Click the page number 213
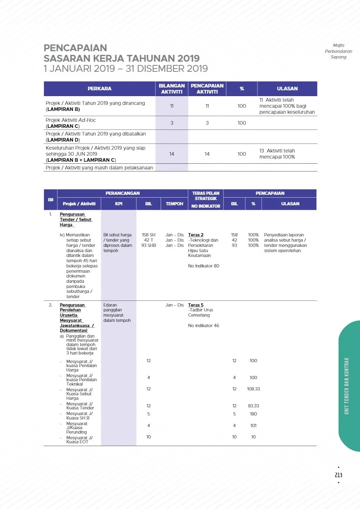(x=338, y=475)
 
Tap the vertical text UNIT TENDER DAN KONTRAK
(x=347, y=386)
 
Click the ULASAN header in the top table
(x=287, y=88)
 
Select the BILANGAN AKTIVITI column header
(x=172, y=88)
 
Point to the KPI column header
(x=119, y=204)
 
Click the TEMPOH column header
(x=174, y=204)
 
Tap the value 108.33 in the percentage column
(x=253, y=389)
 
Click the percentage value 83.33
(x=253, y=406)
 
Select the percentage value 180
(x=253, y=414)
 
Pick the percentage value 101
(x=253, y=426)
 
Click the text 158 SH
(x=149, y=235)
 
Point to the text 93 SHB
(x=149, y=245)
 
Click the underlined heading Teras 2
(x=196, y=235)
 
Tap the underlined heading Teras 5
(x=196, y=305)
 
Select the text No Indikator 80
(x=203, y=266)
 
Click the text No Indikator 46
(x=203, y=325)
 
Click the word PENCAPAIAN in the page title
(x=75, y=48)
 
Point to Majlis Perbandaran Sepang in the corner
(x=338, y=51)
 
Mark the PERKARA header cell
(x=99, y=88)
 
